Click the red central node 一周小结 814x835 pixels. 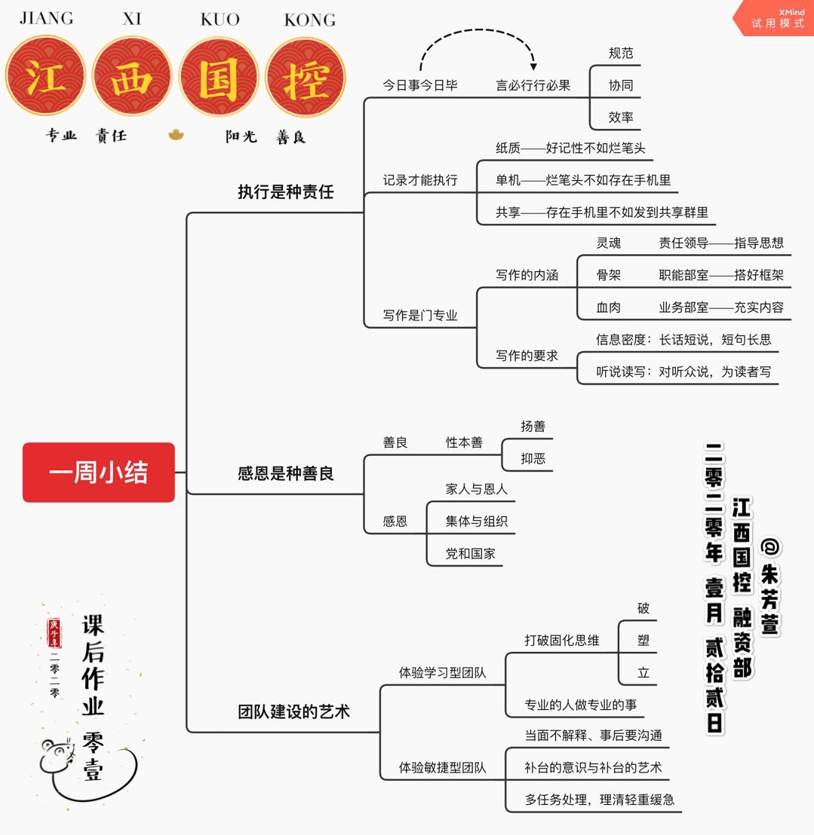click(x=99, y=473)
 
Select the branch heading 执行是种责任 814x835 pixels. click(x=285, y=191)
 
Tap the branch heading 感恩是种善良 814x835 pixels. click(x=285, y=473)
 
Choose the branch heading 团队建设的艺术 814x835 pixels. click(x=293, y=711)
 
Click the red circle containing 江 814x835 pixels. click(x=45, y=77)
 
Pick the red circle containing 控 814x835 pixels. click(x=305, y=77)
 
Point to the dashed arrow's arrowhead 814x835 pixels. click(x=533, y=66)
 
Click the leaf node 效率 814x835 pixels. click(x=620, y=117)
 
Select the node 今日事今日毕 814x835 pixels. click(x=419, y=85)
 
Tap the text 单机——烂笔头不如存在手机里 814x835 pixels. click(x=582, y=180)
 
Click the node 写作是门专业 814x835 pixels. click(x=419, y=315)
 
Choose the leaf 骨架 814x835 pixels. click(x=608, y=275)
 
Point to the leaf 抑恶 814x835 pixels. click(x=533, y=458)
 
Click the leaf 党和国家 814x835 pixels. click(x=470, y=553)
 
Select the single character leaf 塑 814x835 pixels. click(x=643, y=640)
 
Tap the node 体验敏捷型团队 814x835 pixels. click(x=442, y=767)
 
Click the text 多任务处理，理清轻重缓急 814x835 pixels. click(x=599, y=800)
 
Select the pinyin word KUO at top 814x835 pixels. click(x=220, y=20)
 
